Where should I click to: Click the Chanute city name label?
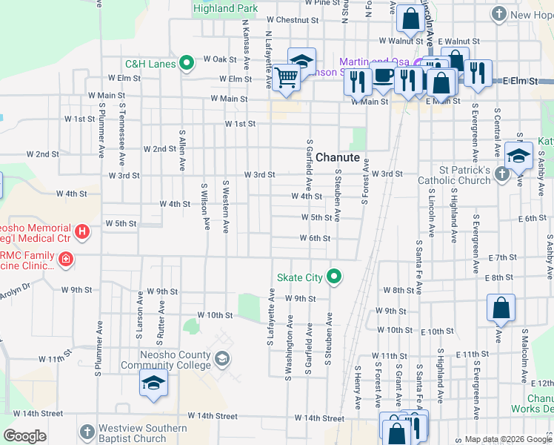[x=338, y=158]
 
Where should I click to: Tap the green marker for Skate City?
[x=335, y=277]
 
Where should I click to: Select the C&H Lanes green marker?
[x=187, y=64]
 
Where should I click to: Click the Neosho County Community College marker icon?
[x=221, y=360]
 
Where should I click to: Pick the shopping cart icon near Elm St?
[x=285, y=76]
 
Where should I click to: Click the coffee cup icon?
[x=383, y=75]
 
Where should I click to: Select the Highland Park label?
[x=225, y=8]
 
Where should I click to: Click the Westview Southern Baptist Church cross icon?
[x=87, y=432]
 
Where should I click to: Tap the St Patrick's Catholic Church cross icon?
[x=502, y=174]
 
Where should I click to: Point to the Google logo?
[x=24, y=436]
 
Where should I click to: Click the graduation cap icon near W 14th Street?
[x=153, y=383]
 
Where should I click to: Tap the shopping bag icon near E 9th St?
[x=501, y=307]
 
